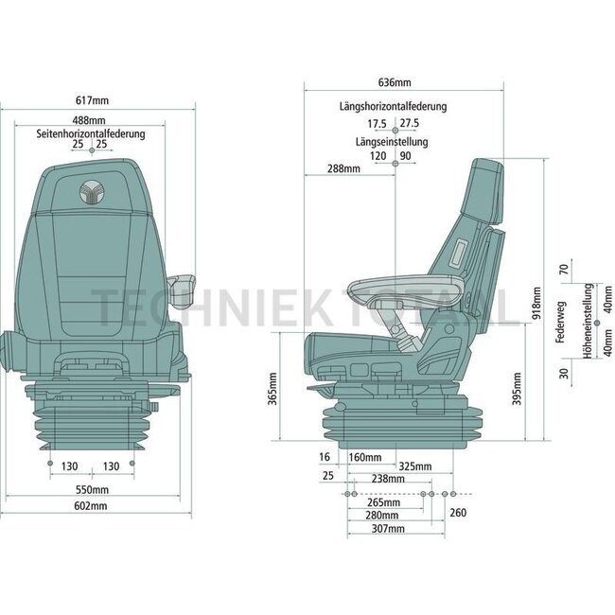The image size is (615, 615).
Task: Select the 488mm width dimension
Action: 92,120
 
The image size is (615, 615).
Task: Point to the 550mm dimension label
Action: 92,490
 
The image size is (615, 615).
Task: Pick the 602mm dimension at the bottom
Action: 92,506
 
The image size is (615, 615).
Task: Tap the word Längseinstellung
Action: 392,142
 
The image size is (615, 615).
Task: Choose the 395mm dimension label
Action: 516,390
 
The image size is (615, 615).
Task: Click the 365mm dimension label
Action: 272,388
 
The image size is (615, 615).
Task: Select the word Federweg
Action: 563,322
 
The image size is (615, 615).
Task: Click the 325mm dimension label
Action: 414,466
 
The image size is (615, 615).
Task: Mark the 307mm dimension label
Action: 388,529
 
